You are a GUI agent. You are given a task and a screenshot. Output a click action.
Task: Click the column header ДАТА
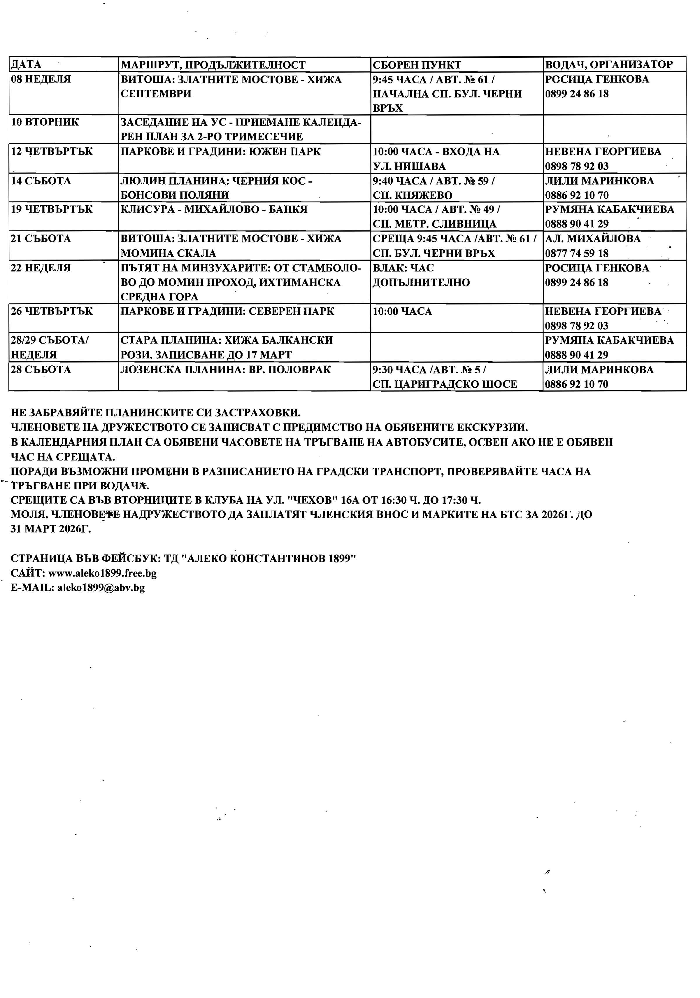(x=26, y=65)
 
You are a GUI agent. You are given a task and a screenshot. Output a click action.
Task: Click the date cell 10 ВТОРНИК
(x=45, y=122)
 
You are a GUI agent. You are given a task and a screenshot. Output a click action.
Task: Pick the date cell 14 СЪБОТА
(x=41, y=181)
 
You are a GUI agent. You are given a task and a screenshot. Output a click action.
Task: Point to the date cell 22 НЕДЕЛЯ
(x=41, y=268)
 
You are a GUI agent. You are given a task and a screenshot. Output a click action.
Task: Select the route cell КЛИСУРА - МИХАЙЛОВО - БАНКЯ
(x=214, y=209)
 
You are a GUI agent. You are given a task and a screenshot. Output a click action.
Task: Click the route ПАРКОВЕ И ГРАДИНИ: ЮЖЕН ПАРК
(x=221, y=152)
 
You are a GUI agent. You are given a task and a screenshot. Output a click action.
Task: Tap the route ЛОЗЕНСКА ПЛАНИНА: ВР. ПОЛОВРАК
(x=226, y=370)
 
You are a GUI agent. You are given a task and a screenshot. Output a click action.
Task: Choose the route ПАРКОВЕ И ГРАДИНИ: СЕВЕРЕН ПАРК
(x=227, y=311)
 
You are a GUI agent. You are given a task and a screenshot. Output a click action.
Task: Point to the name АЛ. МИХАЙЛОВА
(x=593, y=239)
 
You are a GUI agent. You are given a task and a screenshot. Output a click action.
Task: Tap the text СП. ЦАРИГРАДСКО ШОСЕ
(x=445, y=384)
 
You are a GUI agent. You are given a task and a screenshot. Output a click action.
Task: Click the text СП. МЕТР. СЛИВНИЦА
(x=434, y=224)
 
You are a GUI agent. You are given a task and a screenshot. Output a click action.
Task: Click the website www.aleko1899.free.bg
(x=103, y=573)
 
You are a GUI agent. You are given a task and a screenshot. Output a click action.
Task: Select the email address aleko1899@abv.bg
(x=101, y=588)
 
